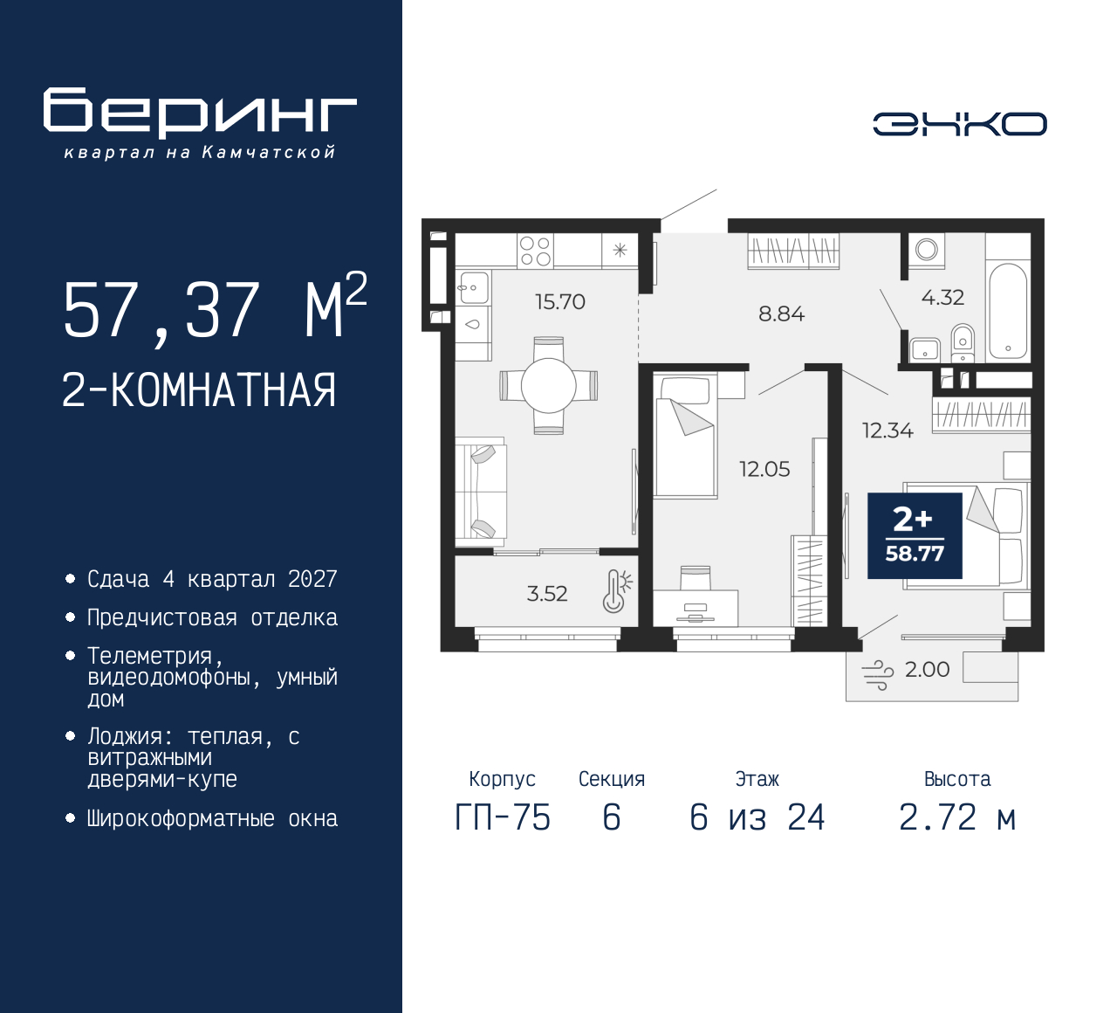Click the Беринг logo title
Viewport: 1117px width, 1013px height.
(200, 112)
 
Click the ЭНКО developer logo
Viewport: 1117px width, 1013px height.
(959, 124)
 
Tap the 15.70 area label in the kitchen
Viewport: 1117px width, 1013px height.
(560, 302)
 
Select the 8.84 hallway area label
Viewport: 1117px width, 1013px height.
(781, 314)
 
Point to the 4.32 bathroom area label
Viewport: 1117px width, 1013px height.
(942, 298)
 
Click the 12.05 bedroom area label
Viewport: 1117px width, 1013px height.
(764, 469)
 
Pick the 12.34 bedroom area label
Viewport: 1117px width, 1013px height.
(887, 431)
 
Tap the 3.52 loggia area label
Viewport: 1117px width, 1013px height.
(547, 594)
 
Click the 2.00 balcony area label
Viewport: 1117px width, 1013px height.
(927, 669)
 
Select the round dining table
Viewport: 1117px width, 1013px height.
(549, 386)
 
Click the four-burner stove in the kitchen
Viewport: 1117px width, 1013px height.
(535, 251)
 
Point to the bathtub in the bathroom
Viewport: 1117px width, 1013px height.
(1008, 310)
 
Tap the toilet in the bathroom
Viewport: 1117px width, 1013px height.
(963, 342)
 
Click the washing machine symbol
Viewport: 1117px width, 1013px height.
(926, 249)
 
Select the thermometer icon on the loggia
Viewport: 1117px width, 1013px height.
(617, 590)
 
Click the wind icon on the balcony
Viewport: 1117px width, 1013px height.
(877, 675)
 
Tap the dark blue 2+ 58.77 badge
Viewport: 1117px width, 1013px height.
(915, 535)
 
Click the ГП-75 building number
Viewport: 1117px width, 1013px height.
(503, 817)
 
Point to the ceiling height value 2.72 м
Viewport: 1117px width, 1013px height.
(958, 817)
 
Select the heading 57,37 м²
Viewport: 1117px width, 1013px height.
(215, 309)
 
